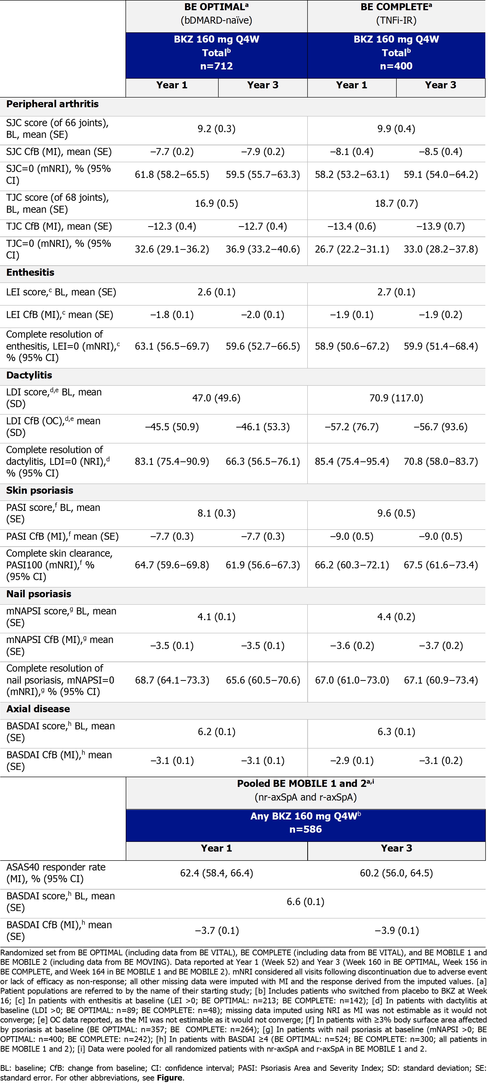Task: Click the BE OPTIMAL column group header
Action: (x=216, y=7)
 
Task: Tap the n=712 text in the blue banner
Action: (x=216, y=66)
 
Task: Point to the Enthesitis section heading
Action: (x=30, y=272)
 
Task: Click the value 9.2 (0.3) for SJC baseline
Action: (x=216, y=129)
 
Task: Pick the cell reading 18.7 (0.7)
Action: (x=396, y=204)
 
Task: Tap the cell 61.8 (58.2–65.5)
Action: (x=172, y=174)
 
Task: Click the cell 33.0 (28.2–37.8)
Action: (x=440, y=249)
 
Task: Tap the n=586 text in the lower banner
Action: (x=306, y=829)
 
